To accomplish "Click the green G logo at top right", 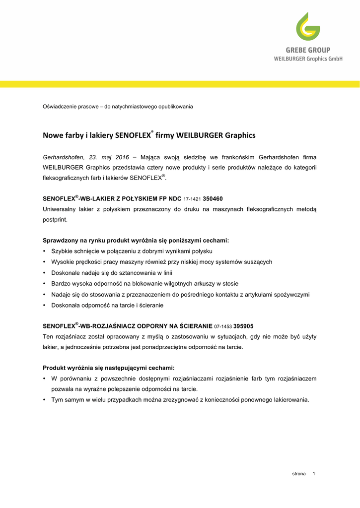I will pyautogui.click(x=308, y=27).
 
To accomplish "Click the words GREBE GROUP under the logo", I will pyautogui.click(x=308, y=50).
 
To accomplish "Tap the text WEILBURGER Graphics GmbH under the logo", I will pyautogui.click(x=308, y=59).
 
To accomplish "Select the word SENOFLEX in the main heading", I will pyautogui.click(x=133, y=135).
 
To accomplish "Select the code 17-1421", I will pyautogui.click(x=192, y=199).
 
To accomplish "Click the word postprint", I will pyautogui.click(x=55, y=220).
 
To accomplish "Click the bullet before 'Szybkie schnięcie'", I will pyautogui.click(x=45, y=251).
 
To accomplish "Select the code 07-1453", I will pyautogui.click(x=223, y=326).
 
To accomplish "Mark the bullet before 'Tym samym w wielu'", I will pyautogui.click(x=45, y=400).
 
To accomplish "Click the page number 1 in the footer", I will pyautogui.click(x=314, y=474).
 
